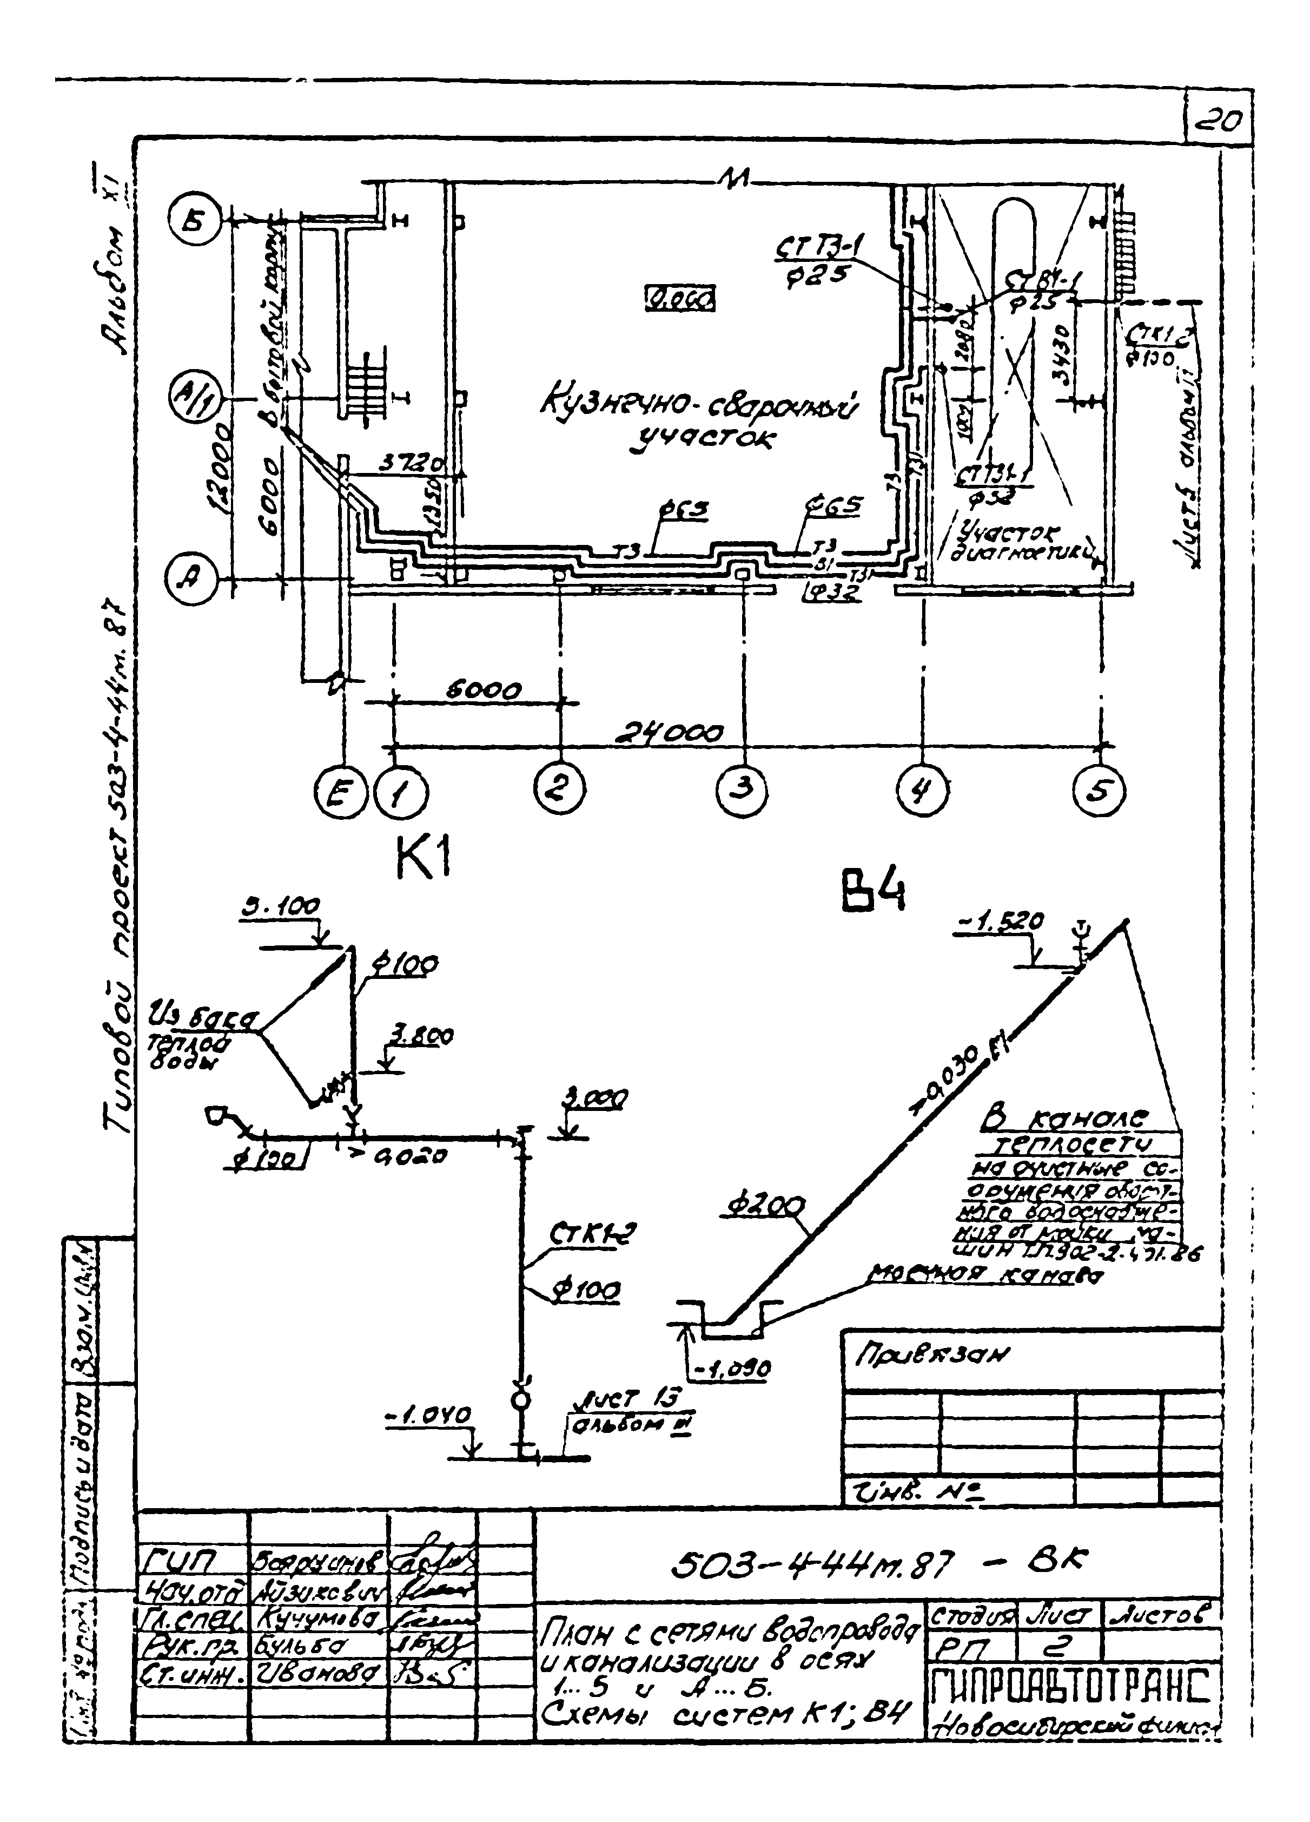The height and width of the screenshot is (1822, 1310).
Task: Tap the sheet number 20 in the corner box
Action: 1219,123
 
